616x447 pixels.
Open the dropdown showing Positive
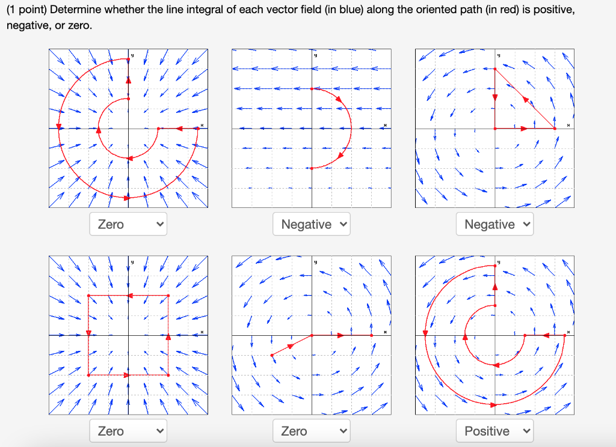[x=494, y=431]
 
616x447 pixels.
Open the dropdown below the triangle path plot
[x=494, y=224]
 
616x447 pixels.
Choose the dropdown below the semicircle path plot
[x=311, y=224]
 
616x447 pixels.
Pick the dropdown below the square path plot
[x=128, y=431]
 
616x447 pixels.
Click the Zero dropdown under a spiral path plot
[x=128, y=224]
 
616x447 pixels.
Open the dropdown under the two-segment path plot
[x=311, y=431]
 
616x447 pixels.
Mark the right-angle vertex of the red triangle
[x=495, y=128]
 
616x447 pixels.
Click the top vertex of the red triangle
[x=495, y=69]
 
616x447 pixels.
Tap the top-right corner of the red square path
[x=168, y=296]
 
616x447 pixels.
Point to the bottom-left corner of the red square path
[x=88, y=375]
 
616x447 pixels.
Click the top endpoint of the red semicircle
[x=312, y=89]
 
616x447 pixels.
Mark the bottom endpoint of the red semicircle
[x=312, y=168]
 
